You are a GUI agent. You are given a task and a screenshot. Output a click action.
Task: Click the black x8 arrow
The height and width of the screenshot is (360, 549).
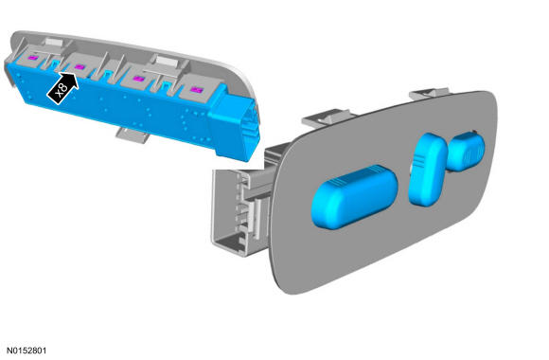tap(62, 88)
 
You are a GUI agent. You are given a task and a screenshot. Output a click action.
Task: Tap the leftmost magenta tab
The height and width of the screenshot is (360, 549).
tap(33, 58)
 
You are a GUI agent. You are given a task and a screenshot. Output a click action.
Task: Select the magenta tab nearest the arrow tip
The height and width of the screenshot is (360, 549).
tap(80, 66)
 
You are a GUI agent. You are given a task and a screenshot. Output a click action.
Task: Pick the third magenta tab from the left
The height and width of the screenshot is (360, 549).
tap(139, 79)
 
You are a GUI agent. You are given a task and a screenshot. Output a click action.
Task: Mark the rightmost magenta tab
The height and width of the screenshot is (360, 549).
tap(197, 90)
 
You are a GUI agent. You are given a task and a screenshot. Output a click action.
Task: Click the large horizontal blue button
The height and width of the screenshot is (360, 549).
tap(354, 197)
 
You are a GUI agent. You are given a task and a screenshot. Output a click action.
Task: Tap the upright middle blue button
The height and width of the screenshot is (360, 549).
tap(428, 169)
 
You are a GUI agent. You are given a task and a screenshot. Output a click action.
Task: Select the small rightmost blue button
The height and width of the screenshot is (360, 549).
tap(466, 151)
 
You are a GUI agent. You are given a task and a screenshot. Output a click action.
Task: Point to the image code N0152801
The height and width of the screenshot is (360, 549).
tap(27, 351)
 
